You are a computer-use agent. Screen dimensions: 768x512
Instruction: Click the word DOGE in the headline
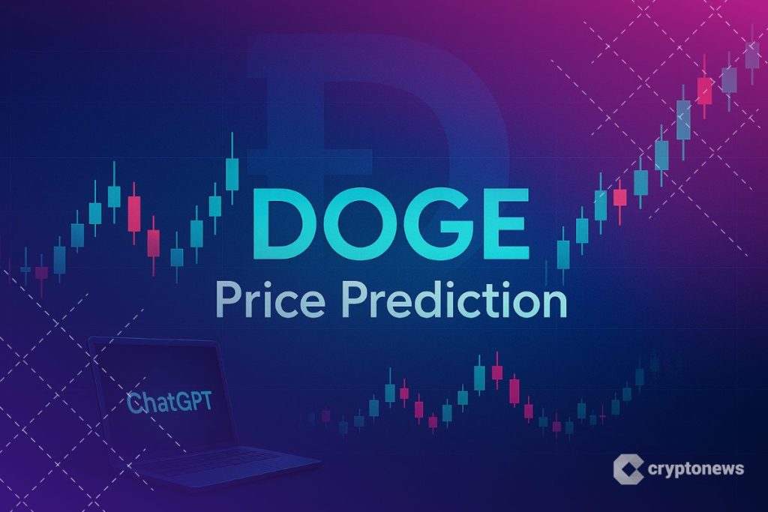coord(390,223)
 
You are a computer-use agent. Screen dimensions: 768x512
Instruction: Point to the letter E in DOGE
coord(506,223)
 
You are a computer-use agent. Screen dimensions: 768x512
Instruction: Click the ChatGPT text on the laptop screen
coord(169,403)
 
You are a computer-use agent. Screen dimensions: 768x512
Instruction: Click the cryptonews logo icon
coord(628,469)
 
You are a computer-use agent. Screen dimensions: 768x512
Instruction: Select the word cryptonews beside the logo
coord(695,469)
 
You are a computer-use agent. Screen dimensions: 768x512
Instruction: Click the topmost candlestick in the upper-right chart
coord(751,54)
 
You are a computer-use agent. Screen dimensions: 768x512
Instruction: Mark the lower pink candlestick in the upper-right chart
coord(619,198)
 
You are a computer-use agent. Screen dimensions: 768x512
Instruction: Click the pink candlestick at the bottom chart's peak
coord(496,372)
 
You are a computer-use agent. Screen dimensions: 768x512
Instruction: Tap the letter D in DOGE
coord(279,223)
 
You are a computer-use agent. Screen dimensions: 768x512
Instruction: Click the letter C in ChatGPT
coord(133,403)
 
